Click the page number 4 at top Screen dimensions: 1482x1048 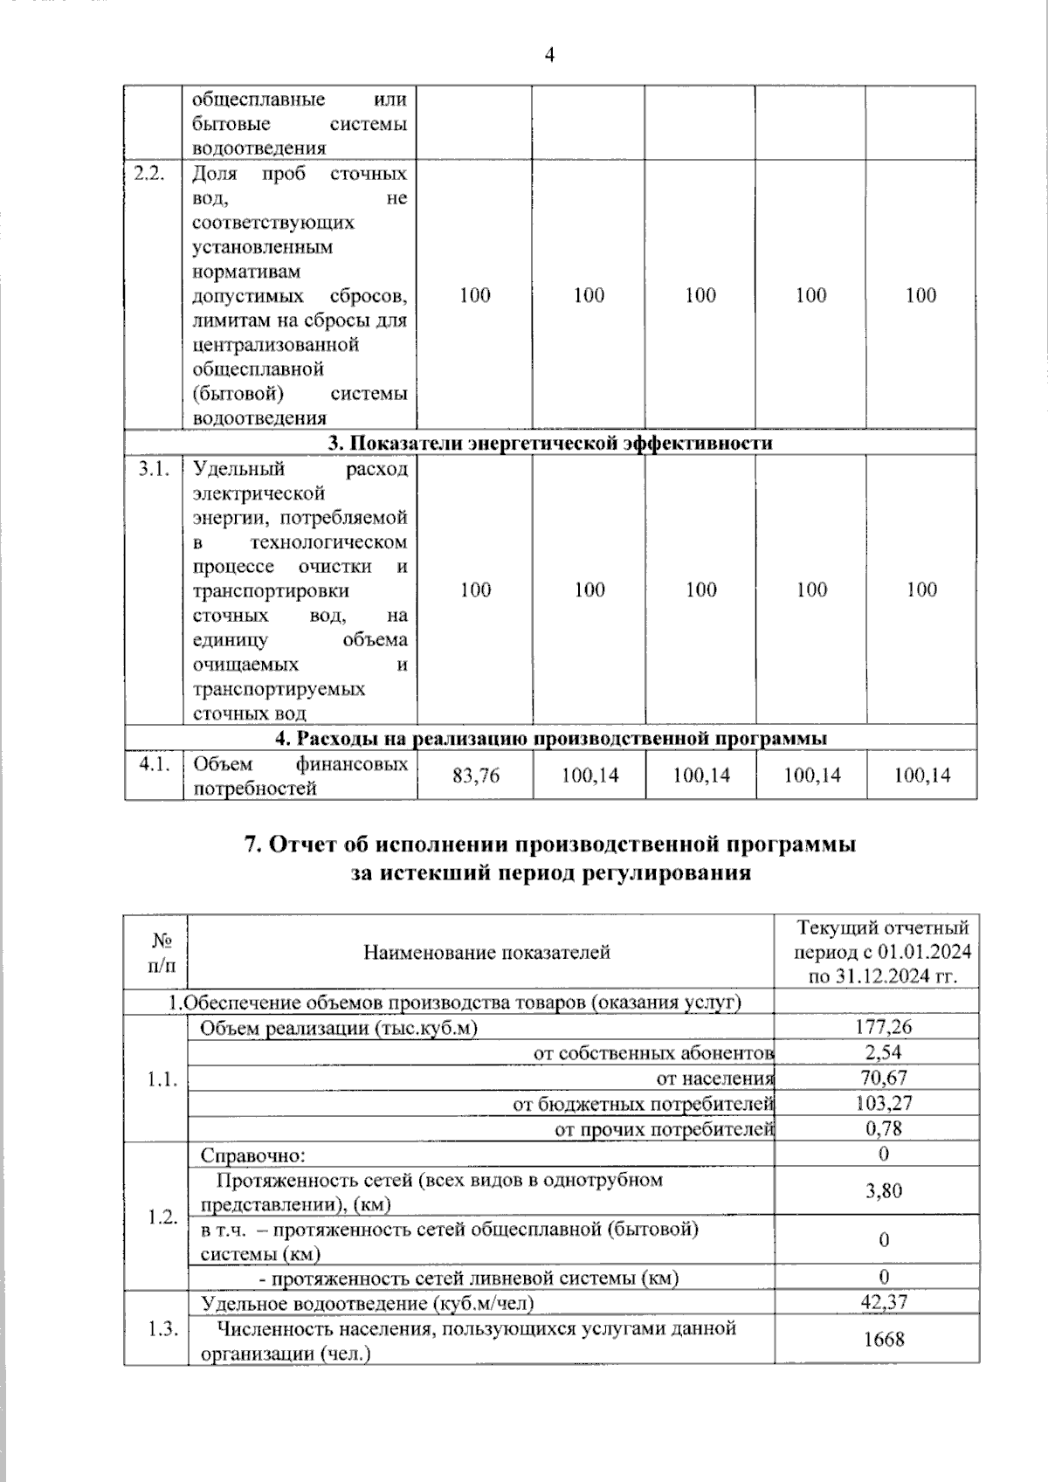pyautogui.click(x=549, y=55)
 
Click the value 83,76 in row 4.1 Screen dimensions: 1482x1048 pyautogui.click(x=476, y=775)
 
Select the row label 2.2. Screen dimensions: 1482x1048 pyautogui.click(x=150, y=173)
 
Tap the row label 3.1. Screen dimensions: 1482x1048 pyautogui.click(x=153, y=469)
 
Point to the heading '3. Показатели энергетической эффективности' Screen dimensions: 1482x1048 pyautogui.click(x=550, y=443)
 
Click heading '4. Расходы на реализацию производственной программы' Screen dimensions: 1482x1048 pyautogui.click(x=550, y=738)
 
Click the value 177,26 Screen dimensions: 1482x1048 pyautogui.click(x=884, y=1027)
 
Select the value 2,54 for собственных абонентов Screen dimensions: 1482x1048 pyautogui.click(x=884, y=1052)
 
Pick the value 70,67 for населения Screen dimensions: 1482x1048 pyautogui.click(x=884, y=1078)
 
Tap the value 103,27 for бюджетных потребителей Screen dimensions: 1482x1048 pyautogui.click(x=884, y=1103)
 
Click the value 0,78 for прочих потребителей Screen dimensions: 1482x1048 pyautogui.click(x=884, y=1128)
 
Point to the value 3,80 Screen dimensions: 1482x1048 pyautogui.click(x=884, y=1190)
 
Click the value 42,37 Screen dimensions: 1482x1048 pyautogui.click(x=884, y=1302)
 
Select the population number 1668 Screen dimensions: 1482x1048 pyautogui.click(x=884, y=1340)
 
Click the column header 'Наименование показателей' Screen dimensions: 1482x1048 pyautogui.click(x=486, y=952)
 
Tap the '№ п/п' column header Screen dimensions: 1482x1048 pyautogui.click(x=162, y=953)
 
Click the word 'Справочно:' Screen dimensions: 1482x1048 pyautogui.click(x=253, y=1155)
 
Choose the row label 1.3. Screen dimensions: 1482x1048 pyautogui.click(x=162, y=1328)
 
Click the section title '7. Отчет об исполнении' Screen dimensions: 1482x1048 pyautogui.click(x=550, y=845)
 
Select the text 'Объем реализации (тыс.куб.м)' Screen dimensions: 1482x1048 pyautogui.click(x=339, y=1028)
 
